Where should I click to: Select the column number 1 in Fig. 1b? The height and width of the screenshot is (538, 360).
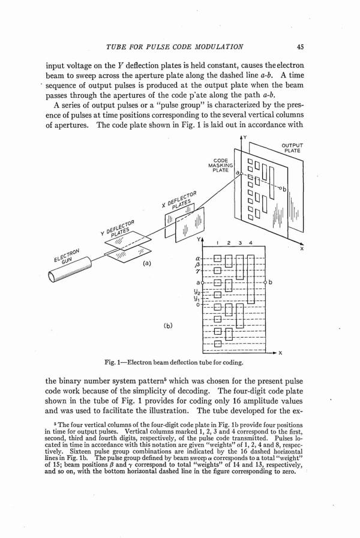(x=217, y=243)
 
